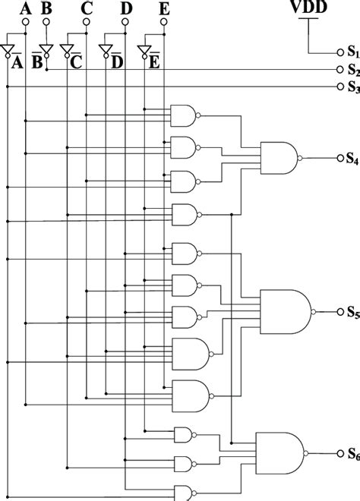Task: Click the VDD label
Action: pyautogui.click(x=309, y=8)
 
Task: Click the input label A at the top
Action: pyautogui.click(x=27, y=9)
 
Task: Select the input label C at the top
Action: pyautogui.click(x=86, y=9)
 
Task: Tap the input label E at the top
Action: pyautogui.click(x=165, y=9)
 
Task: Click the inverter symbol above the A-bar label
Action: pyautogui.click(x=8, y=50)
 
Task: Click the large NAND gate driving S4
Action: pyautogui.click(x=279, y=158)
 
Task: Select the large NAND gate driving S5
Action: pyautogui.click(x=284, y=312)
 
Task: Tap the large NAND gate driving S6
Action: pyautogui.click(x=279, y=453)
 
